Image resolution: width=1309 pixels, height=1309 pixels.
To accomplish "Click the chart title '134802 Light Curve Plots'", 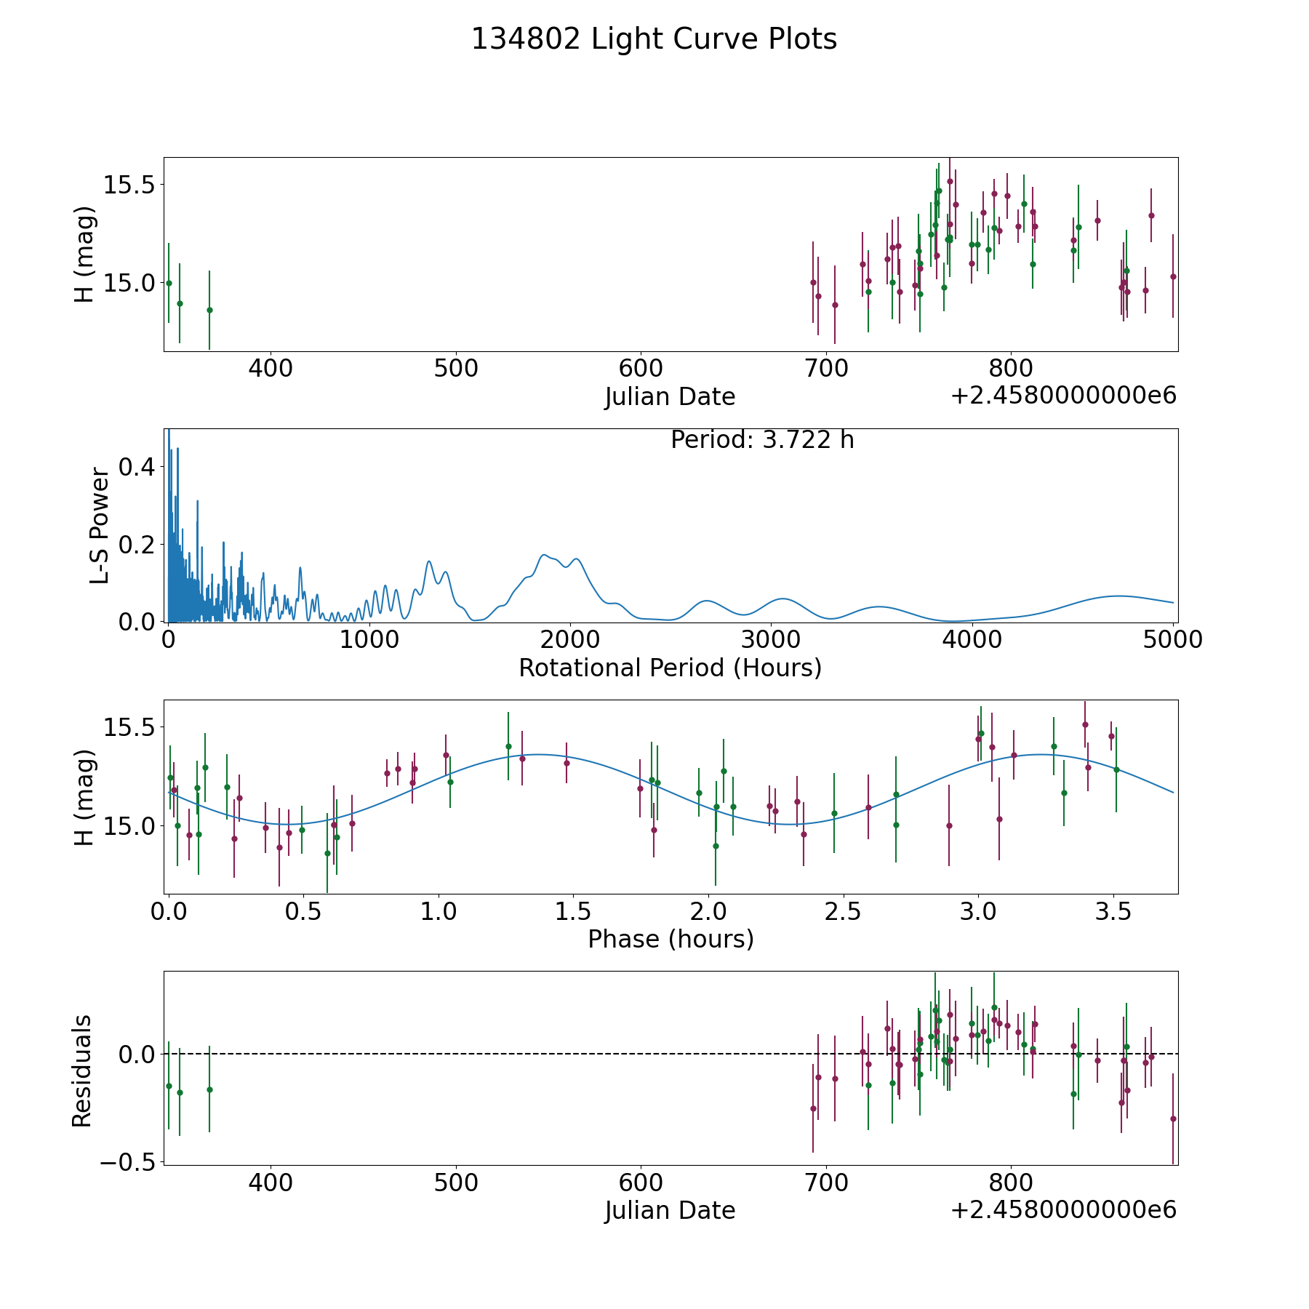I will tap(654, 39).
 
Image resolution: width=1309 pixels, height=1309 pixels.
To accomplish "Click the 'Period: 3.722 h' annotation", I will tap(762, 440).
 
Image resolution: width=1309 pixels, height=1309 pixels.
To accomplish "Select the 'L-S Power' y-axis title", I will tap(100, 525).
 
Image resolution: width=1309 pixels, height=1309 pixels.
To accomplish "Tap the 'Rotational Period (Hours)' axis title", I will tap(670, 668).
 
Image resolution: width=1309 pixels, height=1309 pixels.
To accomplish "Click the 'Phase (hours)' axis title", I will tap(670, 939).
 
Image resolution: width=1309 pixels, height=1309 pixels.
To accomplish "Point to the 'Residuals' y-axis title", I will tap(81, 1070).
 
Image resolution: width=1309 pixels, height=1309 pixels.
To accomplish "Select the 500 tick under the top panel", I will tap(456, 369).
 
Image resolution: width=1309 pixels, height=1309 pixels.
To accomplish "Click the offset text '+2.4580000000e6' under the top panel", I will tap(1063, 396).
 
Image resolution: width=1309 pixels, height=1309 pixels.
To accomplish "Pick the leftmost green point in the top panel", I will tap(169, 283).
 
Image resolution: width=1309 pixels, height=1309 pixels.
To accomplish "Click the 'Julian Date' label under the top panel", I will tap(670, 397).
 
